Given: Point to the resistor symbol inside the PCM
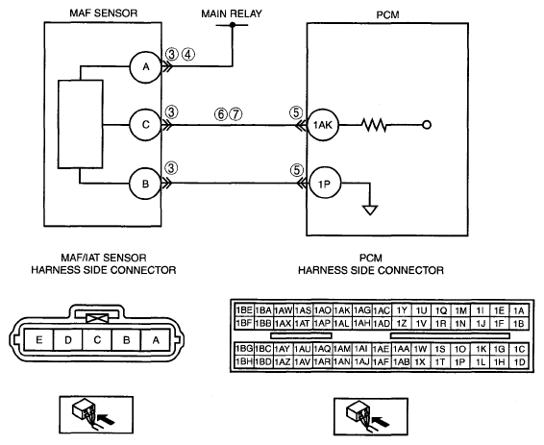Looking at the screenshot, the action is pyautogui.click(x=374, y=125).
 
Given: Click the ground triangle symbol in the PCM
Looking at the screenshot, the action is pyautogui.click(x=370, y=210).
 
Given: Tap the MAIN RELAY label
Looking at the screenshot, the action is pyautogui.click(x=232, y=13).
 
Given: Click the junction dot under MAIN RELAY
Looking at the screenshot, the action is pyautogui.click(x=233, y=25).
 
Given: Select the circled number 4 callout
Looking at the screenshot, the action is pyautogui.click(x=188, y=55).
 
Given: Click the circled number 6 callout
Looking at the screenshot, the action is pyautogui.click(x=221, y=114).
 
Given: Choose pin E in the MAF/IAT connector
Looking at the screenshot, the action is pyautogui.click(x=38, y=339).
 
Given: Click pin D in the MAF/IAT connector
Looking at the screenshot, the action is pyautogui.click(x=68, y=339).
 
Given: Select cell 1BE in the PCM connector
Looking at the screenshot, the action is pyautogui.click(x=244, y=310).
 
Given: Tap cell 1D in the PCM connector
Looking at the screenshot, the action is pyautogui.click(x=519, y=362).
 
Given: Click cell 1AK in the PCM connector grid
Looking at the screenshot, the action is pyautogui.click(x=342, y=310).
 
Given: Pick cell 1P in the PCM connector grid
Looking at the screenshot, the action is pyautogui.click(x=460, y=362).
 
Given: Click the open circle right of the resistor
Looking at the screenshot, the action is pyautogui.click(x=427, y=125).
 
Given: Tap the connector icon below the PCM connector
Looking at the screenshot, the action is pyautogui.click(x=371, y=416).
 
